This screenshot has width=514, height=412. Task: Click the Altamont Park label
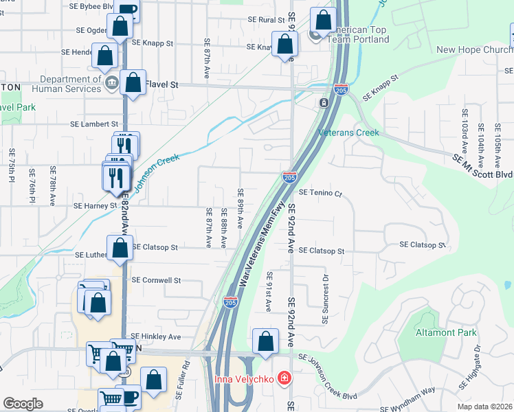pyautogui.click(x=446, y=333)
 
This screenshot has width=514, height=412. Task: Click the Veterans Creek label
pyautogui.click(x=348, y=132)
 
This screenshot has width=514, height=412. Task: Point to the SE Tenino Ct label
pyautogui.click(x=320, y=194)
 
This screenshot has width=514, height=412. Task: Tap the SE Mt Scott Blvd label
pyautogui.click(x=482, y=166)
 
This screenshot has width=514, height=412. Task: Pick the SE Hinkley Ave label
pyautogui.click(x=156, y=336)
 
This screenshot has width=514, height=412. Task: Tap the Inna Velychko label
pyautogui.click(x=241, y=379)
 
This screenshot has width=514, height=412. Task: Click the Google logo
pyautogui.click(x=23, y=404)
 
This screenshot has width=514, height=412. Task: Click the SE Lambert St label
pyautogui.click(x=91, y=125)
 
